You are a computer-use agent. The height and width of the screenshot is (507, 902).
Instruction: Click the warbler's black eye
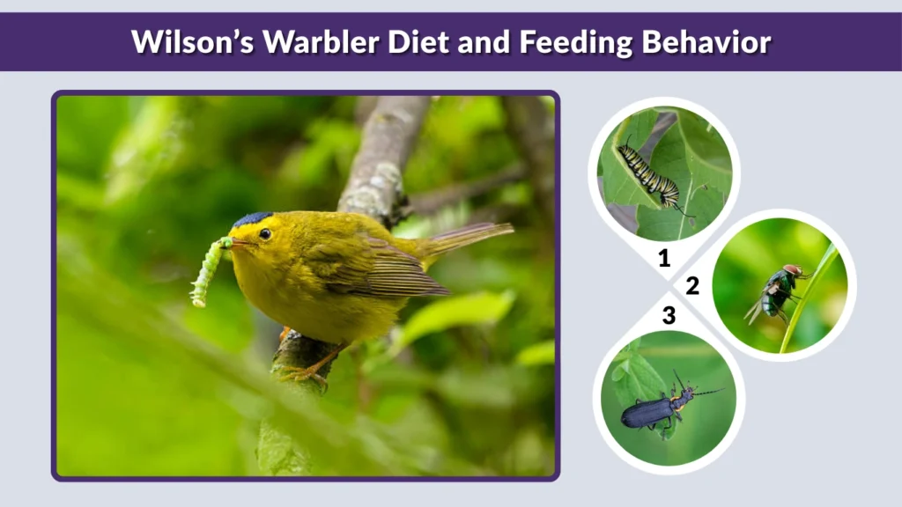point(264,233)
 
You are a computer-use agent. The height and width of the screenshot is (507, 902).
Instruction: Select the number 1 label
point(664,258)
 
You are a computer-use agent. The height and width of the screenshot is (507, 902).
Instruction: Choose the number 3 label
point(669,315)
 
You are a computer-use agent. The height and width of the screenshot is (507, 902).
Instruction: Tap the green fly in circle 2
point(778,290)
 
